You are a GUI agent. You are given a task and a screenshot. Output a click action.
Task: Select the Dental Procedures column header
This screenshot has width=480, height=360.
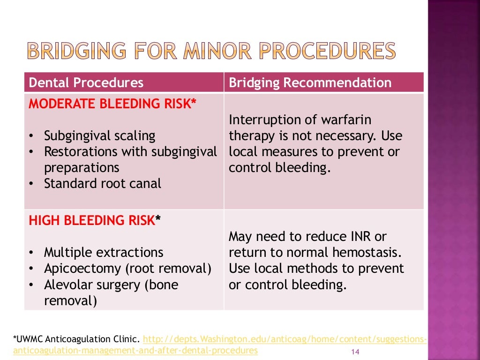(x=86, y=83)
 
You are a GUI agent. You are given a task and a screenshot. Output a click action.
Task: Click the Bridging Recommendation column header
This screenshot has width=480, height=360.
(x=310, y=83)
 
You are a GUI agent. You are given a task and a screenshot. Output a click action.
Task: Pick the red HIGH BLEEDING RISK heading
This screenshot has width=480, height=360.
(x=94, y=220)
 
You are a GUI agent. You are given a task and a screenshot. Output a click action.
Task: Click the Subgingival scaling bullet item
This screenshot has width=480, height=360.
(x=99, y=136)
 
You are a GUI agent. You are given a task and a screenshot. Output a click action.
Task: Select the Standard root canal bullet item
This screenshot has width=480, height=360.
(x=102, y=184)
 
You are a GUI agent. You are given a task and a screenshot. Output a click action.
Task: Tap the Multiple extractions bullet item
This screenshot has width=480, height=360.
(x=104, y=253)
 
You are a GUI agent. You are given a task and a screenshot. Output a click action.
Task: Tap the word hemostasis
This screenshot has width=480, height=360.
(x=366, y=253)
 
